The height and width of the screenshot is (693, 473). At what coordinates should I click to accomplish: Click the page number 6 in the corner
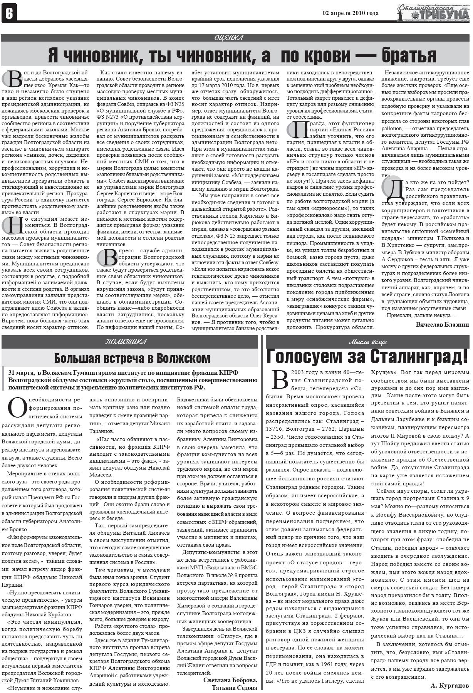[8, 14]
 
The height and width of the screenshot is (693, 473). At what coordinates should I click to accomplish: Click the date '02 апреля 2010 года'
[350, 13]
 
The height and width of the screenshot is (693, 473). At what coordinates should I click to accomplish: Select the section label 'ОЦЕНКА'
[228, 38]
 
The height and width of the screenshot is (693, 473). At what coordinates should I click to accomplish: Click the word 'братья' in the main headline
[409, 55]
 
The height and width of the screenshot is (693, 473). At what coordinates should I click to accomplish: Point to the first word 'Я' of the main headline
[53, 55]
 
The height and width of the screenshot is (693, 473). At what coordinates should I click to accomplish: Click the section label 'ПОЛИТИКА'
[126, 342]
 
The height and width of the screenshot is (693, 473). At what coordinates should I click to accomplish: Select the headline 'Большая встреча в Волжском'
[132, 358]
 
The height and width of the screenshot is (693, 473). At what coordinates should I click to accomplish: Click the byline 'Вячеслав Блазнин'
[442, 324]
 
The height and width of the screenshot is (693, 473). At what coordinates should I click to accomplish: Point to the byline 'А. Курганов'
[449, 686]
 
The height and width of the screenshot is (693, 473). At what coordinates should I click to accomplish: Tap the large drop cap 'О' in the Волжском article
[17, 408]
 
